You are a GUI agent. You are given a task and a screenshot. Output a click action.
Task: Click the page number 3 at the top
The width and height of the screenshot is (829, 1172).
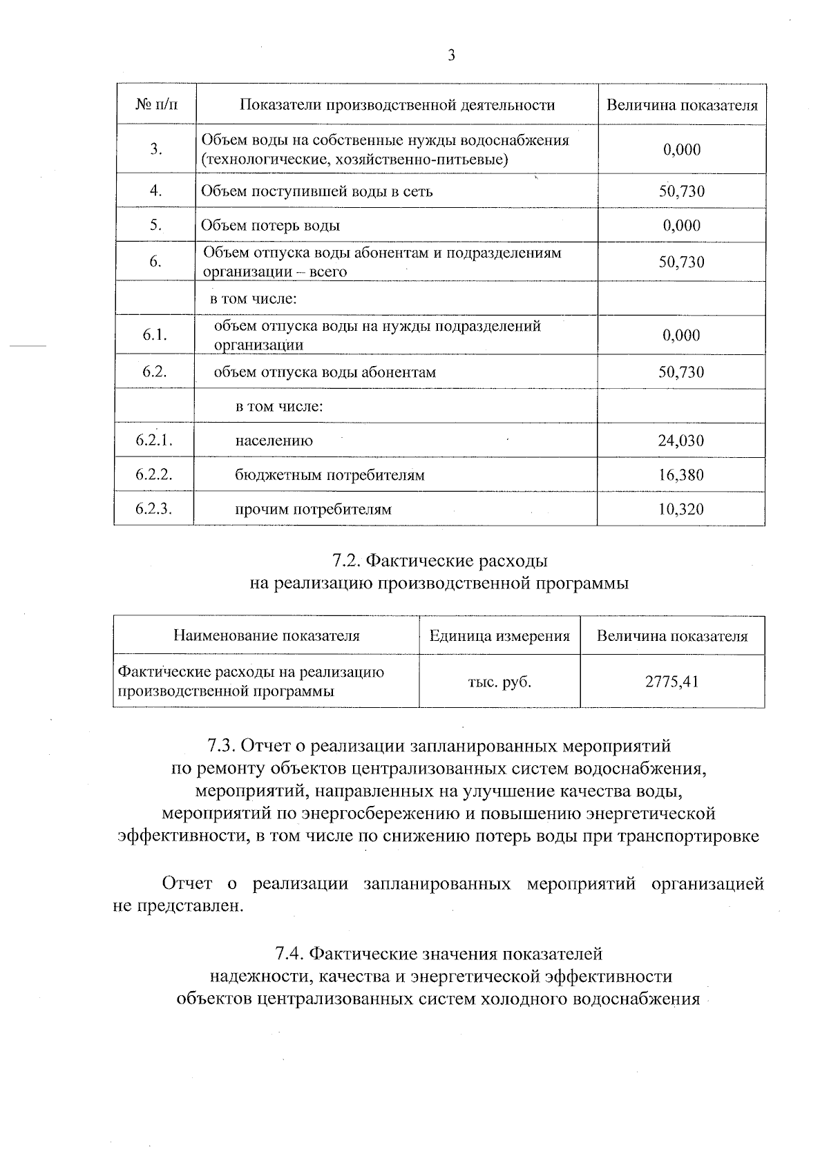(451, 56)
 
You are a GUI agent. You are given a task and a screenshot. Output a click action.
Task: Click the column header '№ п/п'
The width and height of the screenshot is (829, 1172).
(155, 105)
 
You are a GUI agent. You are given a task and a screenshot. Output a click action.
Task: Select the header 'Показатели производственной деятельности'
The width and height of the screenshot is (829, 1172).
(397, 105)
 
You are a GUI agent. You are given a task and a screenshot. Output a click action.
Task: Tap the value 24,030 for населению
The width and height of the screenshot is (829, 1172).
(681, 441)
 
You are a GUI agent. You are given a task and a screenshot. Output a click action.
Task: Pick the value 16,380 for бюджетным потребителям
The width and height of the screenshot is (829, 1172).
(681, 475)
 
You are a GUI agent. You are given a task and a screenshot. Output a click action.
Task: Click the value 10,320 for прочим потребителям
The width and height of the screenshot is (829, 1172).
(681, 510)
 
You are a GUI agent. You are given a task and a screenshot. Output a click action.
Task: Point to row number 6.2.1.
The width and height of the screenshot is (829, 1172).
(154, 440)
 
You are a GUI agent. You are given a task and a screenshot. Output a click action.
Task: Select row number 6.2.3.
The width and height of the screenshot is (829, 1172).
(154, 509)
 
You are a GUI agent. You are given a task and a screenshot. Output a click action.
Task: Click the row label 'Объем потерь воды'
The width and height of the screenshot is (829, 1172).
(270, 226)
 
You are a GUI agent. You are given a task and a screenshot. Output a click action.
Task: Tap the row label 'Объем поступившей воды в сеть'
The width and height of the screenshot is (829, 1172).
(316, 191)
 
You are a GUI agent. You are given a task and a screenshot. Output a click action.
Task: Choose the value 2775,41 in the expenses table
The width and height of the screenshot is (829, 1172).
(672, 682)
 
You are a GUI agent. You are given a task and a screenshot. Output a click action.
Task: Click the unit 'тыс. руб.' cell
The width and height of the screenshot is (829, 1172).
(499, 682)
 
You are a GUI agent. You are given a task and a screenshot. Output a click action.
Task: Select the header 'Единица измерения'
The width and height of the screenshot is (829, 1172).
(499, 636)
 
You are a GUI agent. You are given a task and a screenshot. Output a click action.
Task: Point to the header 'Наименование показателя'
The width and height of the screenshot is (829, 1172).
(266, 636)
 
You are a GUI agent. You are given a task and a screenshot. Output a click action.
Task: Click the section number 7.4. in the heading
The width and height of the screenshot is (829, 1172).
(290, 954)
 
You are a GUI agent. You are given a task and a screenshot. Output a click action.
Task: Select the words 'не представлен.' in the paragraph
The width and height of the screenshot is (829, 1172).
(178, 905)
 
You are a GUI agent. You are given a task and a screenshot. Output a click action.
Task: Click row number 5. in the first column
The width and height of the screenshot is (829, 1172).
(155, 225)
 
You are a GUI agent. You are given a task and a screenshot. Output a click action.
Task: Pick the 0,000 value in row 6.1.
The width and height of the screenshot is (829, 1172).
(681, 336)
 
